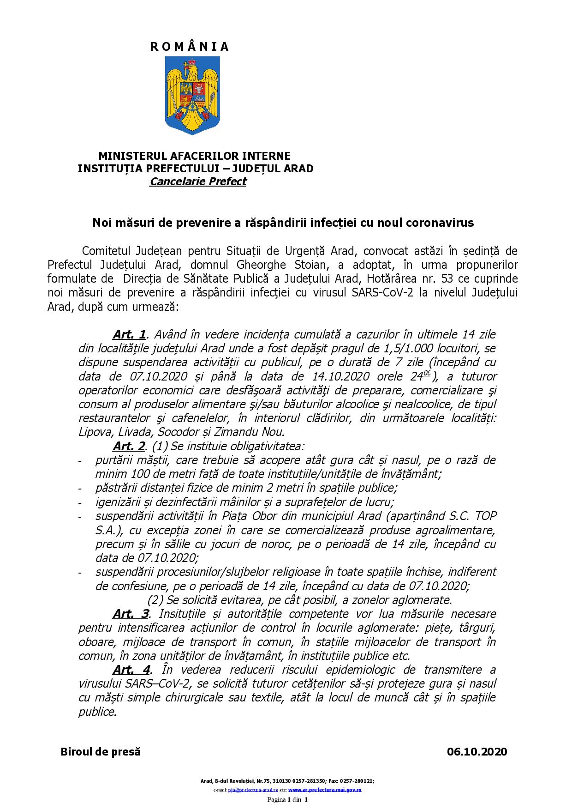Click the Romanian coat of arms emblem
point(190,96)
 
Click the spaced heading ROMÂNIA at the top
point(190,47)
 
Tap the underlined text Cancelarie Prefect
point(198,181)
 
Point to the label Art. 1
point(129,334)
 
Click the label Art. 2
point(129,447)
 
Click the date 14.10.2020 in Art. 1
point(335,376)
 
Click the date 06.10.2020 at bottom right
point(477,752)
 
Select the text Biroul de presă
point(101,752)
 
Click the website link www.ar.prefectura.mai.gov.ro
point(325,790)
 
